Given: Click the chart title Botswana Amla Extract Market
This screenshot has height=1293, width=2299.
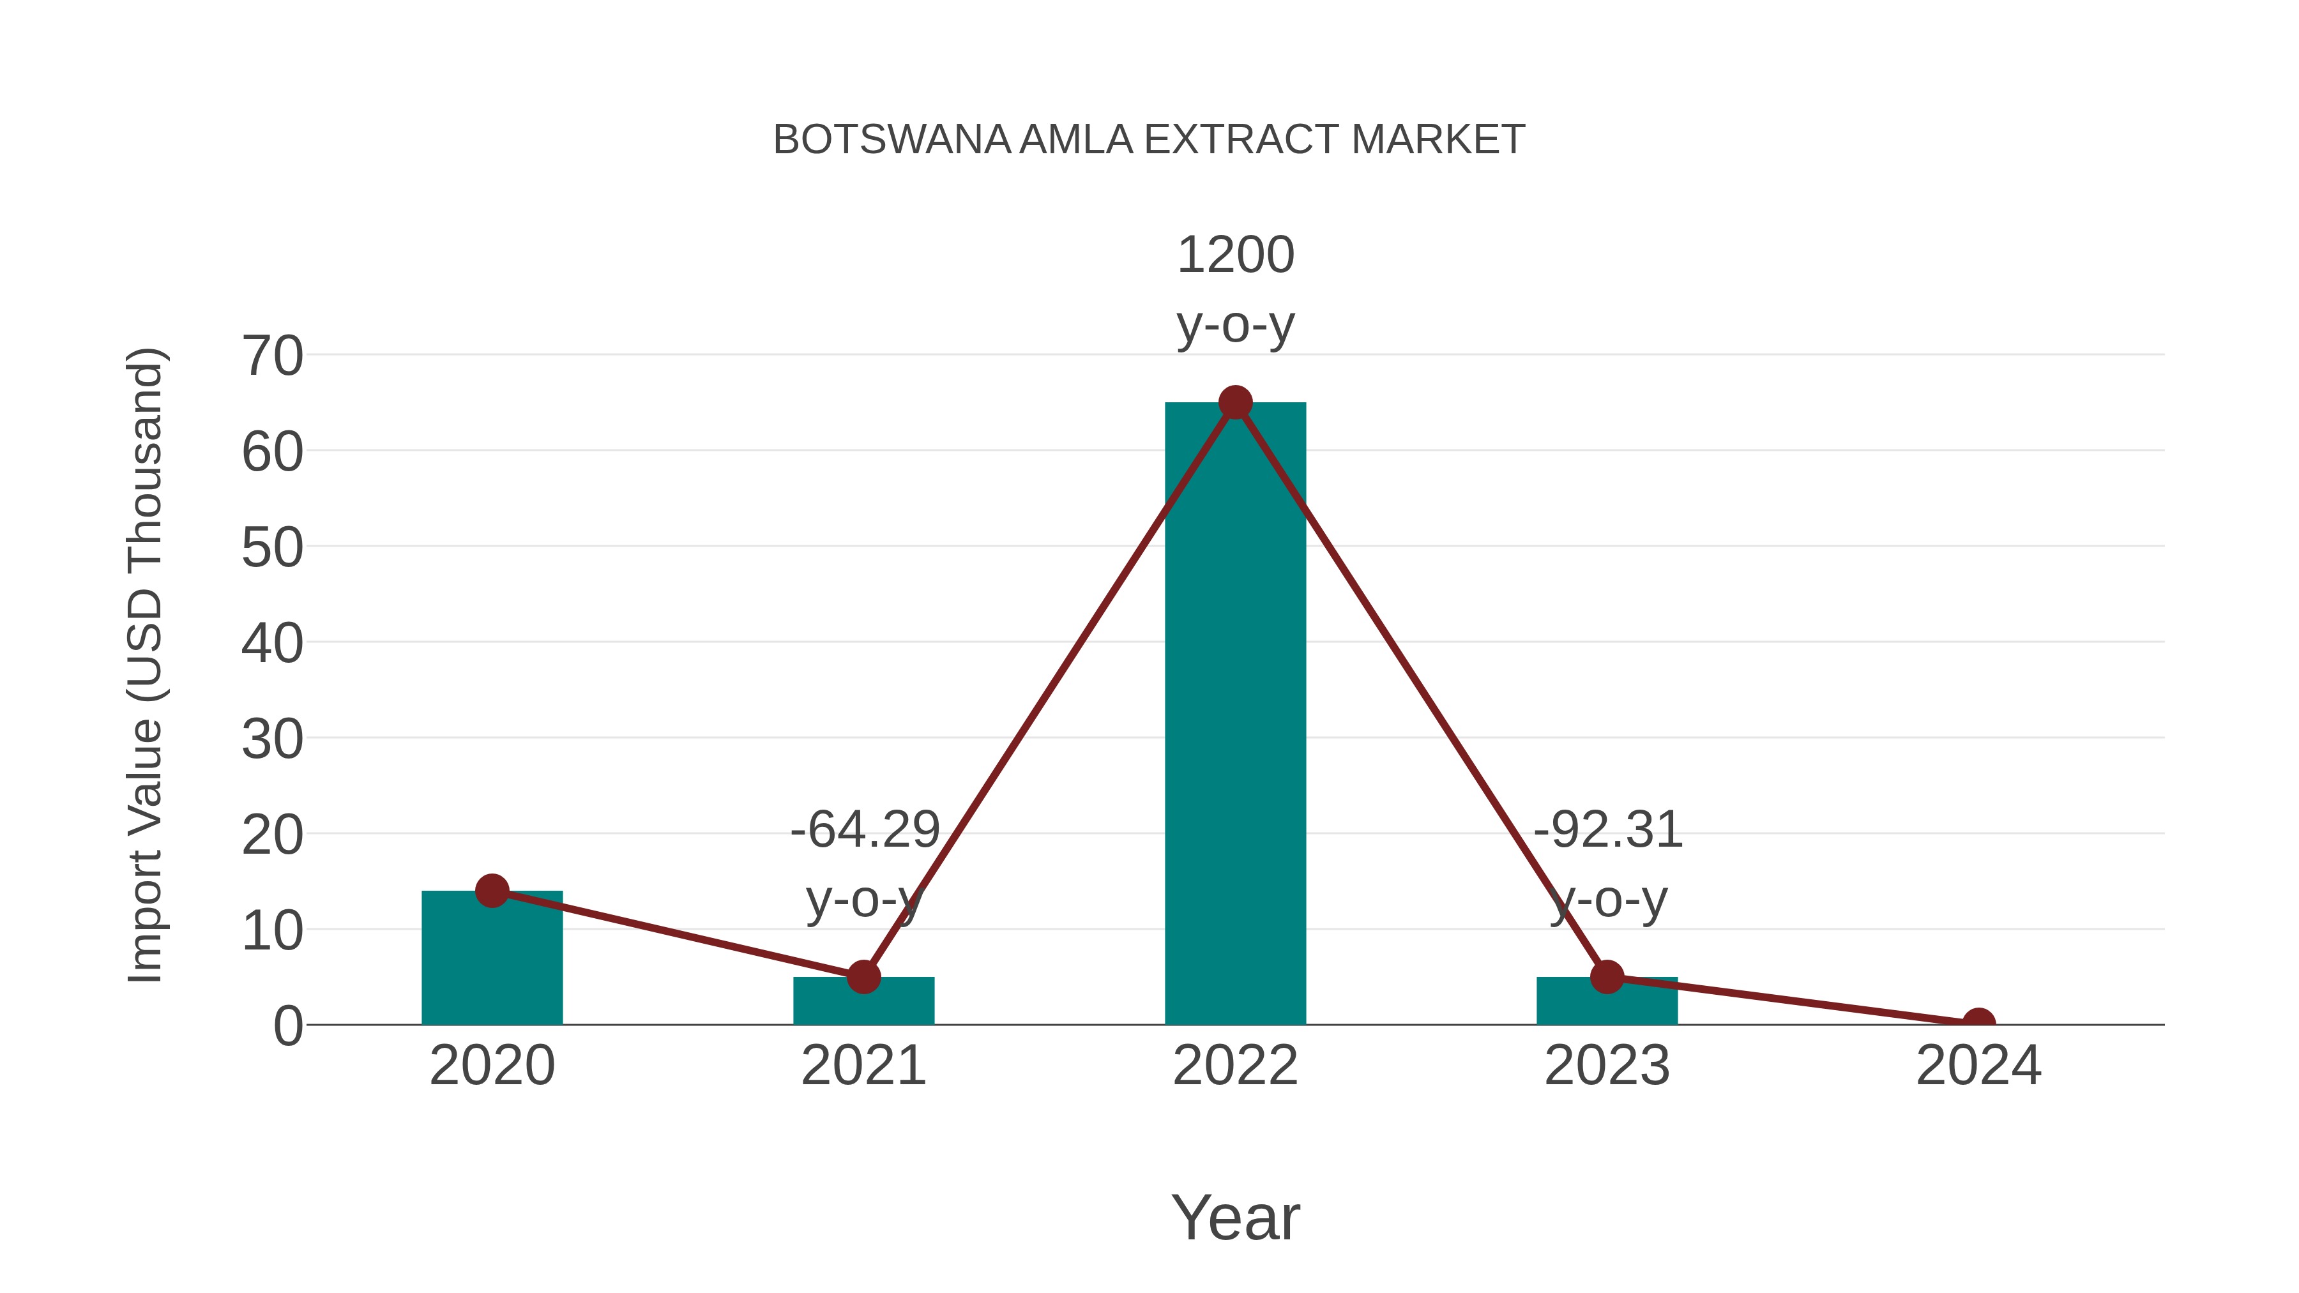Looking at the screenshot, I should tap(1149, 140).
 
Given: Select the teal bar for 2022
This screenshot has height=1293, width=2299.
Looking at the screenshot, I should tap(1235, 714).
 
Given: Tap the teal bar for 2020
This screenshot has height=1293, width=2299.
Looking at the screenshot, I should tap(492, 959).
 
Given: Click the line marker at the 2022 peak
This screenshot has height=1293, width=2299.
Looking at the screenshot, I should tap(1235, 402).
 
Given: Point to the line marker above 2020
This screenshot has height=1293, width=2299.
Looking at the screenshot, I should tap(492, 891).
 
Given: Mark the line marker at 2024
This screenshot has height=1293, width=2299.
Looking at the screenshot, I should tap(1978, 1023).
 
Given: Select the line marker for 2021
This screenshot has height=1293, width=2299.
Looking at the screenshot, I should tap(864, 977).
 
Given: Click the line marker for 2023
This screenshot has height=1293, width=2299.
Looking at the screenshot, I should tap(1607, 977).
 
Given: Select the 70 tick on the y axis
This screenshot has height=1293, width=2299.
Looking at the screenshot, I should tap(272, 357).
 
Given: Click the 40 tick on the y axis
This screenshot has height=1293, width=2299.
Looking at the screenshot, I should tap(272, 644).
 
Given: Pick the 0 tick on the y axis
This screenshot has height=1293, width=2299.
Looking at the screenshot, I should tap(287, 1026).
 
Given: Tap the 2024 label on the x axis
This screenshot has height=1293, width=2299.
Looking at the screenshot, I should tap(1978, 1066).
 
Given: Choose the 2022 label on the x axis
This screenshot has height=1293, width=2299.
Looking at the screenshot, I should tap(1235, 1066).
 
